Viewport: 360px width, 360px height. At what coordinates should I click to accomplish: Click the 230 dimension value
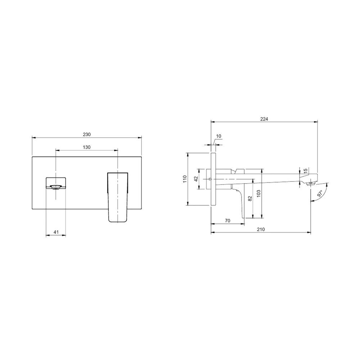coord(87,135)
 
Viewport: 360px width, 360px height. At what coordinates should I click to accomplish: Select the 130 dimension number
coord(87,147)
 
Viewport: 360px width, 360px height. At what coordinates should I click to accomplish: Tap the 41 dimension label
coord(56,232)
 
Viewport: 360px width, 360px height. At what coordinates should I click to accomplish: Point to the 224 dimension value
coord(264,119)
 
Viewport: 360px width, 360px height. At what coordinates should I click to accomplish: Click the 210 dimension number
coord(261,229)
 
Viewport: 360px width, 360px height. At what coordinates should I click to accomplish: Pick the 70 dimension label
coord(228,221)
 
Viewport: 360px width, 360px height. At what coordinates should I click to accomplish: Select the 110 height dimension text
coord(185,179)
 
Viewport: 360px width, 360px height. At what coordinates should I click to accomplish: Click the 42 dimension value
coord(196,179)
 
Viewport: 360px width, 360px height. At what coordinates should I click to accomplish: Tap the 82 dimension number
coord(250,198)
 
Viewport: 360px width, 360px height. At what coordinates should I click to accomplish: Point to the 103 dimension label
coord(259,194)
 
